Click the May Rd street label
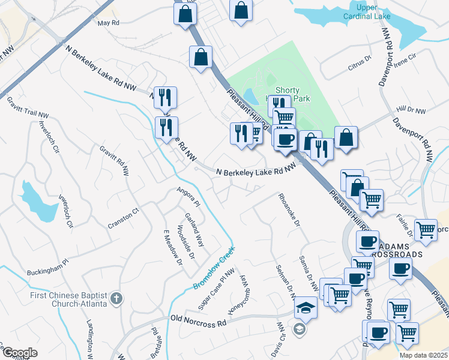click(109, 23)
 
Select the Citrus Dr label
click(361, 65)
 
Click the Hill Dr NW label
click(411, 111)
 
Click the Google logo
click(19, 353)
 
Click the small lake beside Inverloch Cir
click(36, 200)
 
